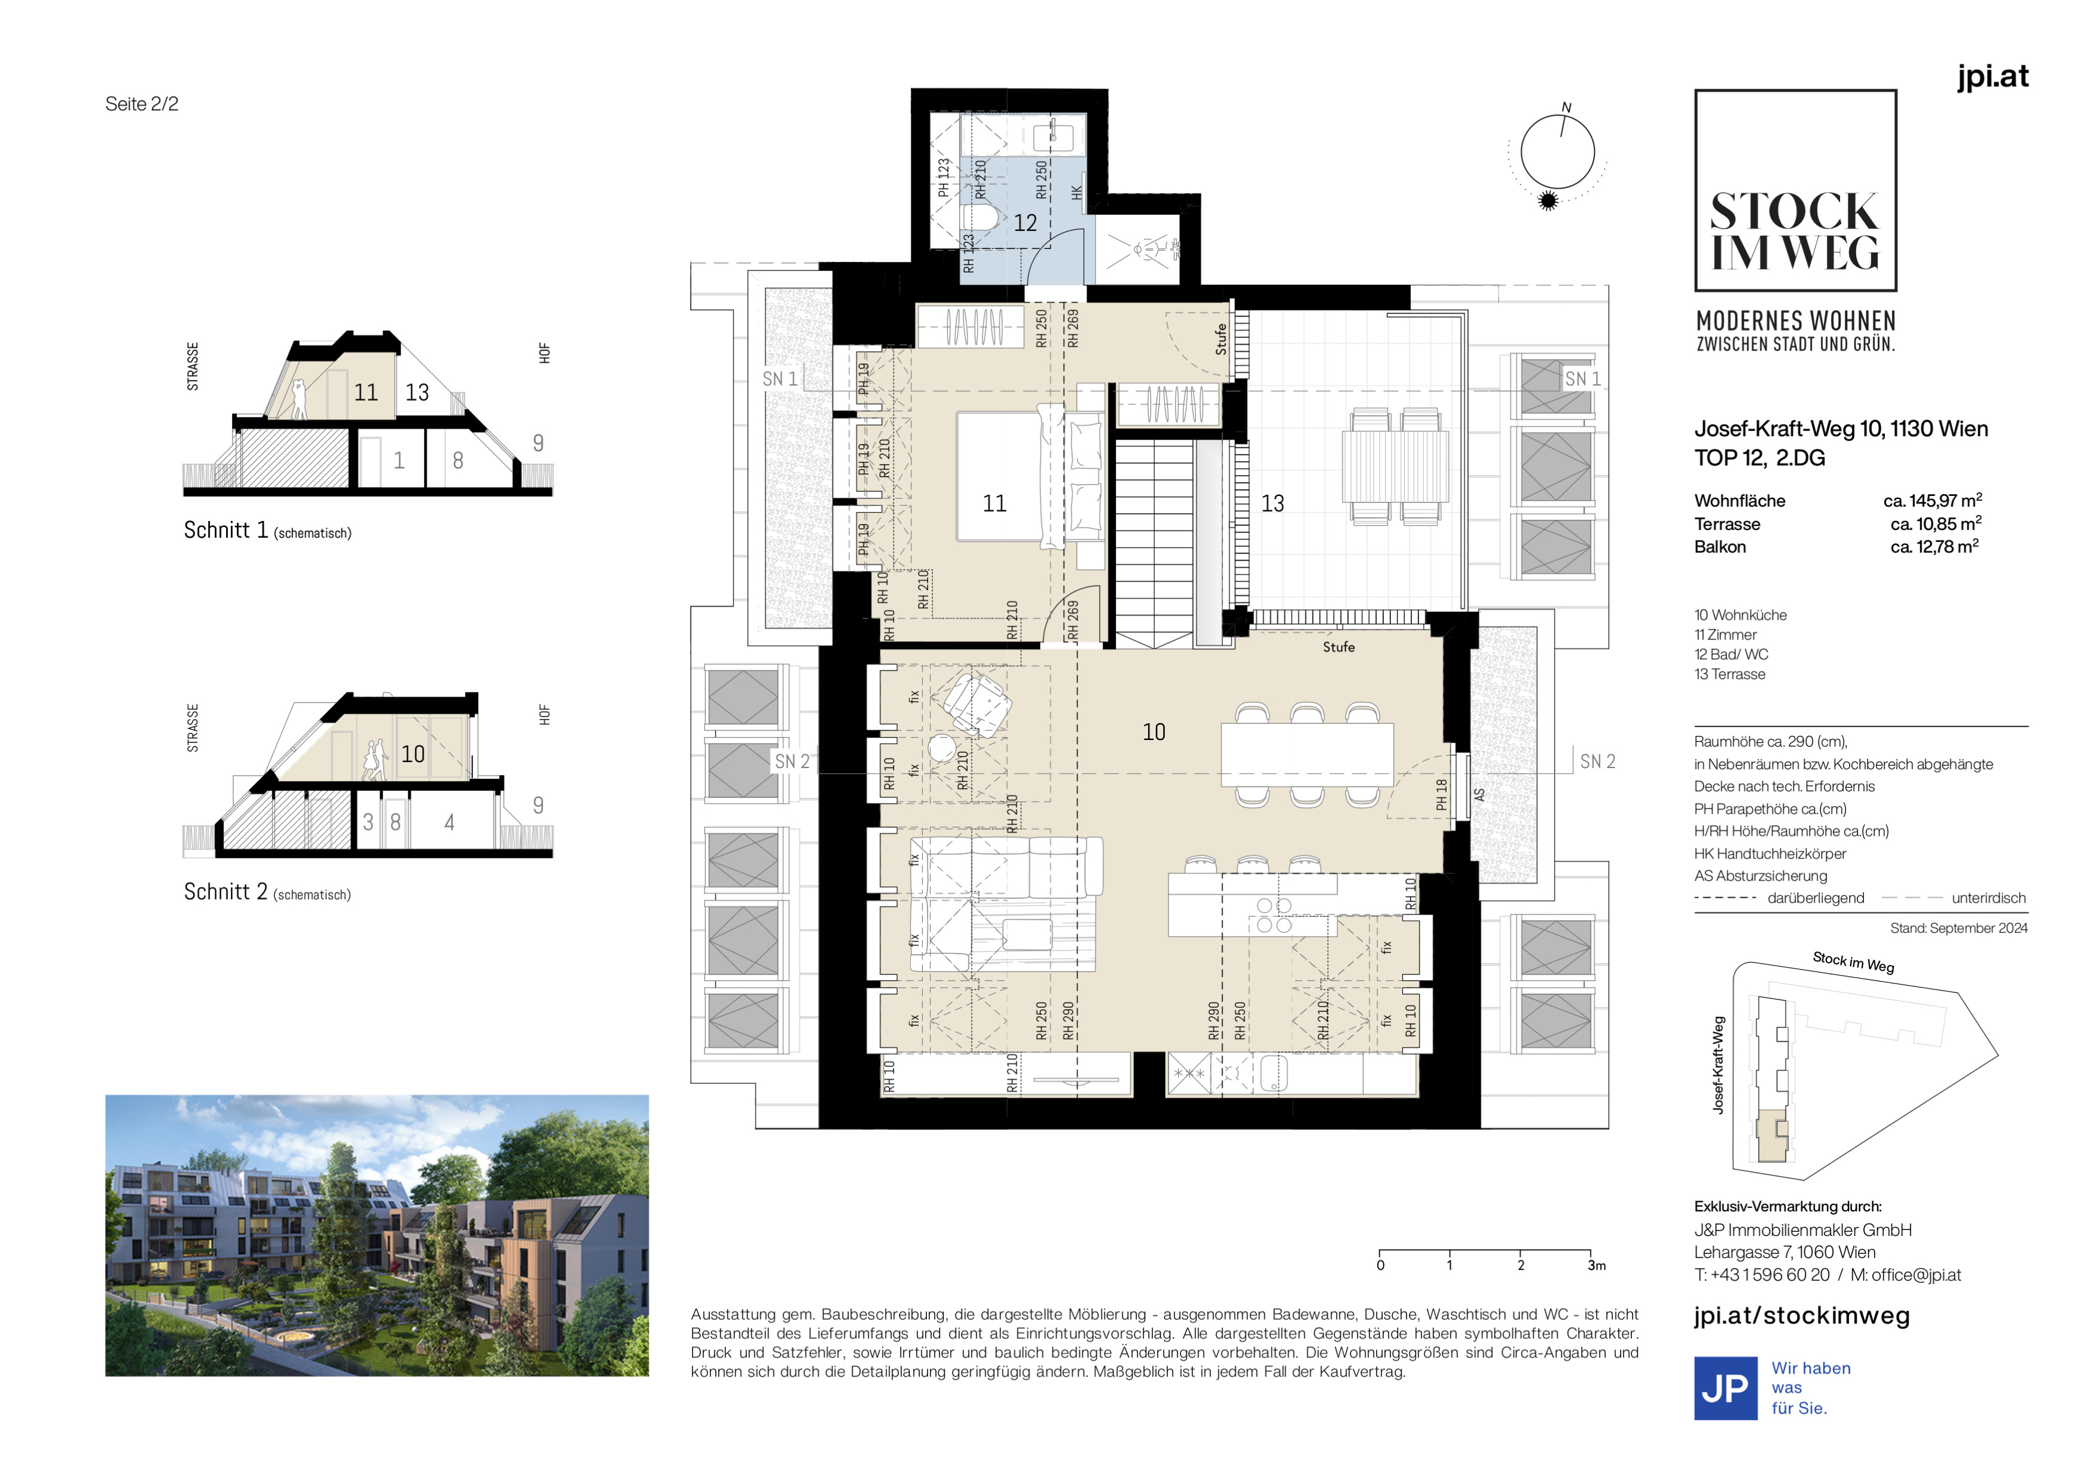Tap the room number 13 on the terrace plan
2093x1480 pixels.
tap(1272, 503)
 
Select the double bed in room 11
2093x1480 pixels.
tap(1010, 476)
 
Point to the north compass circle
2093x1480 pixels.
tap(1557, 151)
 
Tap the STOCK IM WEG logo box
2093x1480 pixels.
tap(1795, 191)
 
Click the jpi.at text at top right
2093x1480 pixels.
tap(1993, 77)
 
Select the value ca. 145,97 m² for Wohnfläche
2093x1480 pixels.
tap(1933, 501)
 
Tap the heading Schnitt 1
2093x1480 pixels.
tap(226, 530)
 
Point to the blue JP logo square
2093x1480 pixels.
tap(1726, 1388)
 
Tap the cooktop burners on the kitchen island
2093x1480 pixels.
tap(1274, 915)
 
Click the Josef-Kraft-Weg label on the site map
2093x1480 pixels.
tap(1718, 1065)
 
